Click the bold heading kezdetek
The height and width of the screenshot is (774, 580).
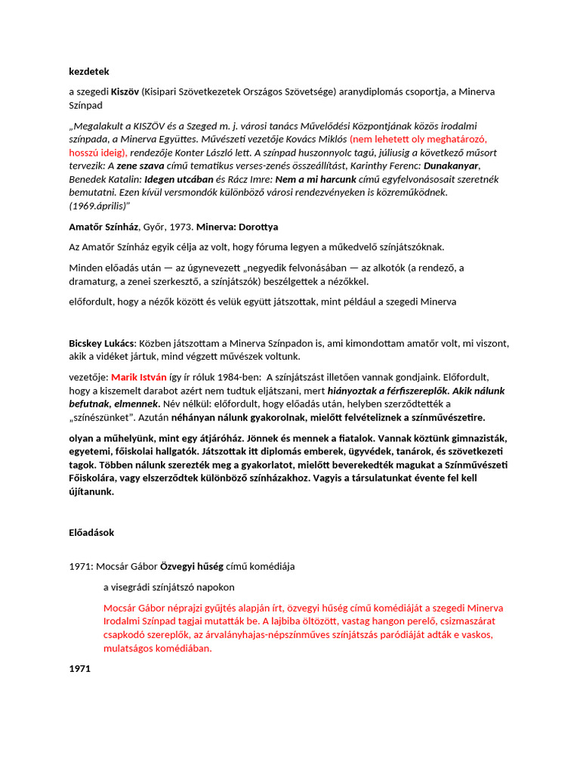tap(89, 72)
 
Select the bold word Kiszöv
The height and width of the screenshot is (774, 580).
tap(125, 91)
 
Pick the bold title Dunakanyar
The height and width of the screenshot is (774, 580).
tap(451, 166)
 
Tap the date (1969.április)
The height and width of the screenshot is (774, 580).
tap(100, 206)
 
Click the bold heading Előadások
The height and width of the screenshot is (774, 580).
tap(91, 532)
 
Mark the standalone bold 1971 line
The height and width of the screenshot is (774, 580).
tap(80, 669)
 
